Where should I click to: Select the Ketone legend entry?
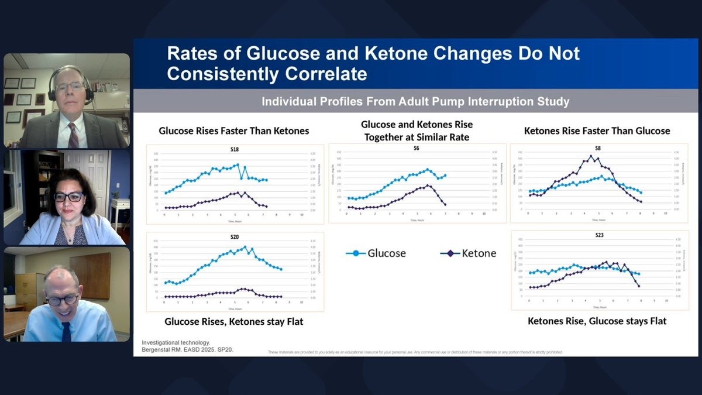(x=468, y=253)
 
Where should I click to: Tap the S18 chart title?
(x=235, y=150)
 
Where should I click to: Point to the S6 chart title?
(x=417, y=149)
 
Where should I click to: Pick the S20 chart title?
(x=235, y=237)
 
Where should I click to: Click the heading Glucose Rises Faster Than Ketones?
(x=234, y=131)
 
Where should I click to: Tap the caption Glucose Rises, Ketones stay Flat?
(x=234, y=322)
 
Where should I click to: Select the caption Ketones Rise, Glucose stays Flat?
(x=597, y=321)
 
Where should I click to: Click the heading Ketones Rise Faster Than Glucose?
(x=597, y=131)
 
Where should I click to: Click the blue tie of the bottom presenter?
(x=66, y=331)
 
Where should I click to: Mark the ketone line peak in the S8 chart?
(x=591, y=156)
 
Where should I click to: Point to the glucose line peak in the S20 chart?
(x=245, y=247)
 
